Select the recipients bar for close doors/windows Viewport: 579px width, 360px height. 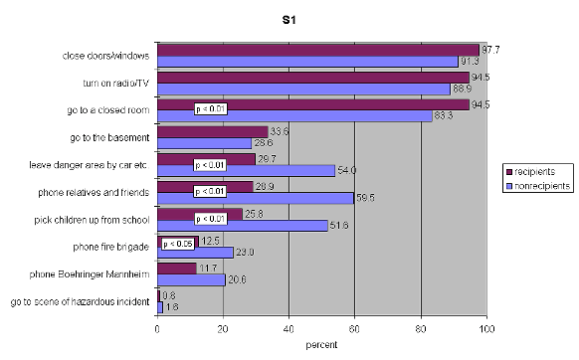(318, 50)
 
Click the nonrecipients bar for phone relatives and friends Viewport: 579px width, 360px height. (256, 197)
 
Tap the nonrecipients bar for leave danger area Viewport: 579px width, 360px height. (247, 169)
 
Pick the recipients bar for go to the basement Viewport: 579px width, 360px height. (213, 130)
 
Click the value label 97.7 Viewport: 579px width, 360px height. (490, 49)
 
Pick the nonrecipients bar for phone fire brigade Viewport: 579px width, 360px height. (196, 253)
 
